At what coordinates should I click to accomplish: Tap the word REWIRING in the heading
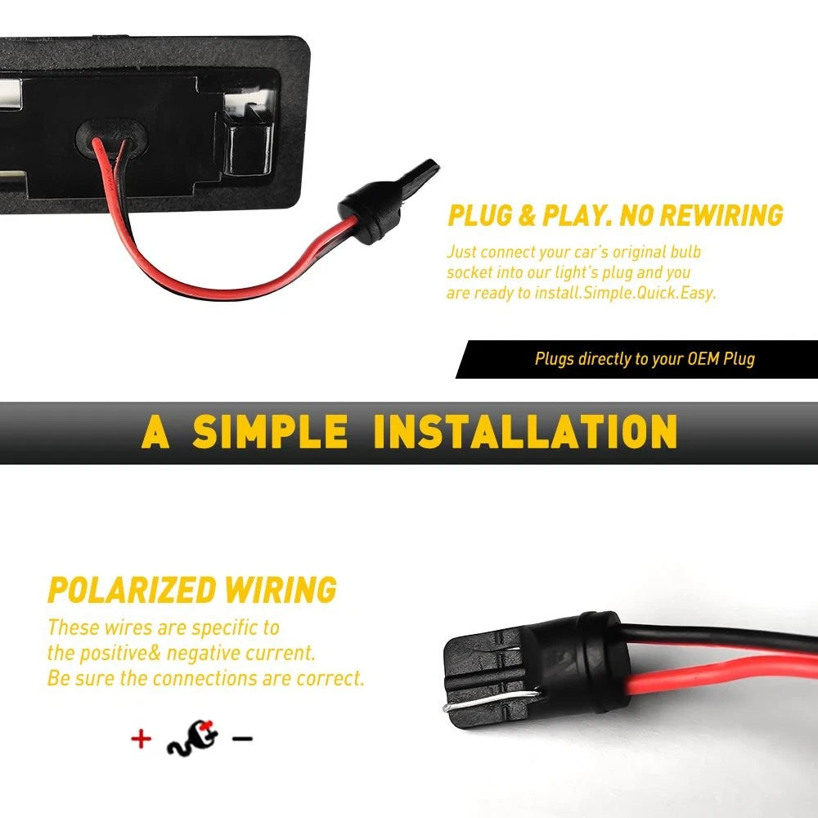click(721, 215)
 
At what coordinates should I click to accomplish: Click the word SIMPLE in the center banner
click(270, 431)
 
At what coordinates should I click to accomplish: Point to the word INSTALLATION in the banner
click(525, 431)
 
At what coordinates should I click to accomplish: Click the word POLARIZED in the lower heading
click(132, 590)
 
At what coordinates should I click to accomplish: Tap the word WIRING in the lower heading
click(281, 590)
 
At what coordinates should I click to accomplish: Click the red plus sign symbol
click(141, 739)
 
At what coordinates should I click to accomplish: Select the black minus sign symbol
click(242, 738)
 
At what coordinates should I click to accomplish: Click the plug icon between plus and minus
click(192, 738)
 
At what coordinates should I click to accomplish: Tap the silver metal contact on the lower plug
click(490, 699)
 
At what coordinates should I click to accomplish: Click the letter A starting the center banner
click(155, 431)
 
